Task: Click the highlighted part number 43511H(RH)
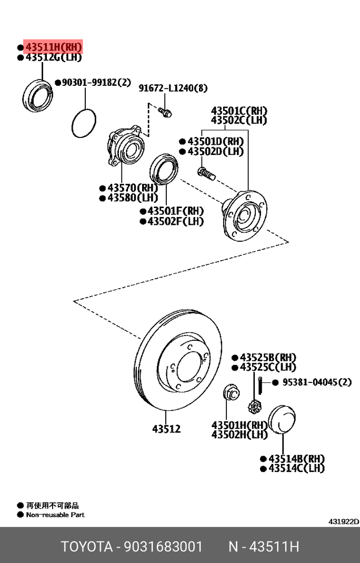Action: tap(53, 47)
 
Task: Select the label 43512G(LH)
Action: tap(53, 57)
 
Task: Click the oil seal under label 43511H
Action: tap(38, 95)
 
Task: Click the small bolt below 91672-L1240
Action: tap(165, 112)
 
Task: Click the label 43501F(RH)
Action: tap(175, 211)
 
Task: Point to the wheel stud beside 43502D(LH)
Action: tap(204, 172)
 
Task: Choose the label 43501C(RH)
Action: tap(239, 111)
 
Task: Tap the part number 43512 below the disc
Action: tap(166, 429)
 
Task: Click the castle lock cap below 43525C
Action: tap(255, 407)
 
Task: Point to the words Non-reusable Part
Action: tap(55, 515)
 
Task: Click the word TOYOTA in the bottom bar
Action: tap(85, 547)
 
